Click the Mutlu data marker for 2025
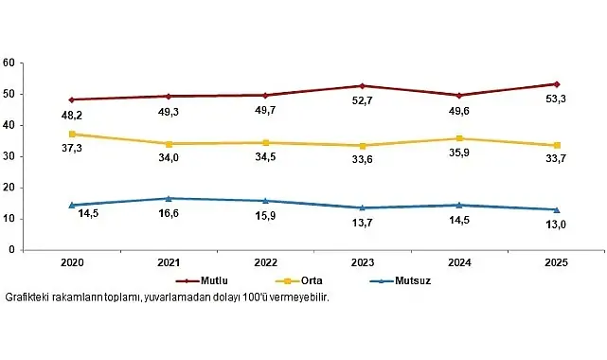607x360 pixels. point(556,84)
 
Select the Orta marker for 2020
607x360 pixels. point(73,134)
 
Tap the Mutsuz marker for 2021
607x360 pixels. point(169,198)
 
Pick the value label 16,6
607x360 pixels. point(169,215)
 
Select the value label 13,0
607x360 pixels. point(556,225)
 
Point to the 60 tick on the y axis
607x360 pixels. point(8,63)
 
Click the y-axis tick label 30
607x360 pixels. point(8,156)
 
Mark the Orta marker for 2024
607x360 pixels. point(458,138)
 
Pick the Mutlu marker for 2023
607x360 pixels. point(362,86)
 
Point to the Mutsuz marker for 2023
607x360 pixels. point(362,207)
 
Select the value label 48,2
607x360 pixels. point(73,116)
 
